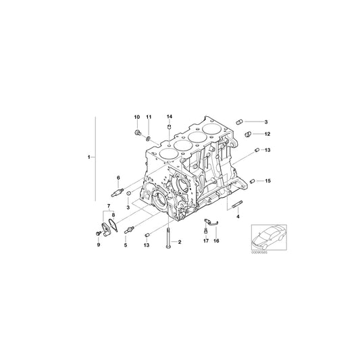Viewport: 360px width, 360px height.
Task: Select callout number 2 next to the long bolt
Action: [180, 241]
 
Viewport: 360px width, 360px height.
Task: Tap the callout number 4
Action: [238, 217]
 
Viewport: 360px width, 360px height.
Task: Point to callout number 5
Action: [125, 245]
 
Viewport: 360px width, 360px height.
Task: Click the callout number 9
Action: [97, 245]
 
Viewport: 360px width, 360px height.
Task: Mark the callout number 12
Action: [267, 134]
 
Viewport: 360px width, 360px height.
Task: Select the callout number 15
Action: [267, 181]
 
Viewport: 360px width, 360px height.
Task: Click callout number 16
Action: [217, 240]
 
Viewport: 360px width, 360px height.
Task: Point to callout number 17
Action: [205, 240]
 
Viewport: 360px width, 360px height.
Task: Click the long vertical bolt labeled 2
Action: [164, 240]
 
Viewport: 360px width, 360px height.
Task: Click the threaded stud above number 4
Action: [237, 205]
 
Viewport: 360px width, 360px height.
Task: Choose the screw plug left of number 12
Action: [247, 134]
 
